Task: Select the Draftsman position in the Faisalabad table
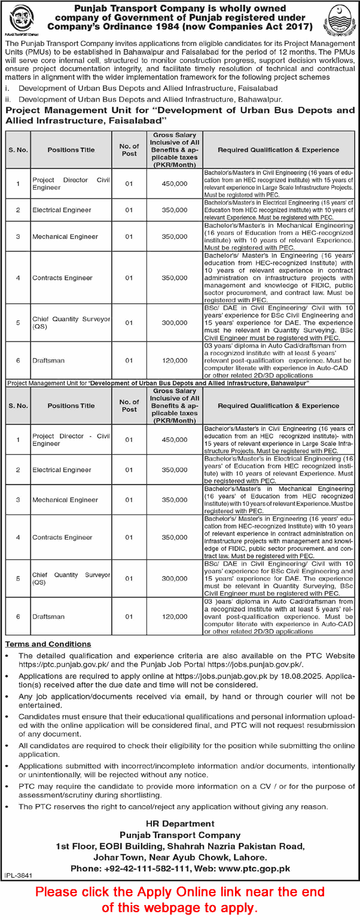point(48,360)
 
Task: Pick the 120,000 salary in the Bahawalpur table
point(178,616)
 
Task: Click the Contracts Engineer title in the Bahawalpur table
point(62,537)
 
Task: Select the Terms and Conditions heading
point(48,644)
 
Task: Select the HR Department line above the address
point(179,824)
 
